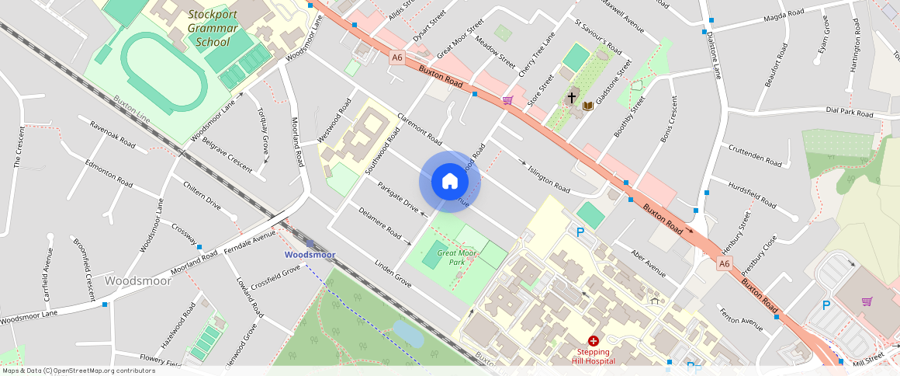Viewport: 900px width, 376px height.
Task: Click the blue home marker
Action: (x=450, y=181)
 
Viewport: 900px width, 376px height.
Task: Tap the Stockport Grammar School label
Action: (x=213, y=28)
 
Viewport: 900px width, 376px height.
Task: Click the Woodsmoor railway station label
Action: (x=310, y=254)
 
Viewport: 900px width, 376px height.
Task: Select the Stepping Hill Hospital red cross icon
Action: (x=594, y=340)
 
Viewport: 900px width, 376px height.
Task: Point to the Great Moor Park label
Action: (x=457, y=257)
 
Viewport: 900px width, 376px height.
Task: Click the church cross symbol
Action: (x=572, y=97)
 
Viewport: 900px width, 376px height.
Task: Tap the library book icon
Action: (x=587, y=105)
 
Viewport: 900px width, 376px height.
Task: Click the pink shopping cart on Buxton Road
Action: (x=507, y=99)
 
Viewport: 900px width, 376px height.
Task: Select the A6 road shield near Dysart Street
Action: (x=397, y=57)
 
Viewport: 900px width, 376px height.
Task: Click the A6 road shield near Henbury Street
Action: (x=724, y=264)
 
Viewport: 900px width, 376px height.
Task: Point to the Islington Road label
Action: (x=549, y=179)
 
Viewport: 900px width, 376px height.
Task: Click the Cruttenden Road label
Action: (x=755, y=155)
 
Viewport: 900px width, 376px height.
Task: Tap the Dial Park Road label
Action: (x=850, y=113)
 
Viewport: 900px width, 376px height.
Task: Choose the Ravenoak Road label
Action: (x=112, y=134)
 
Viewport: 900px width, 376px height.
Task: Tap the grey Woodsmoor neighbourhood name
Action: (x=137, y=280)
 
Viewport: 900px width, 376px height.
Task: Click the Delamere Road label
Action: (x=379, y=222)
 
